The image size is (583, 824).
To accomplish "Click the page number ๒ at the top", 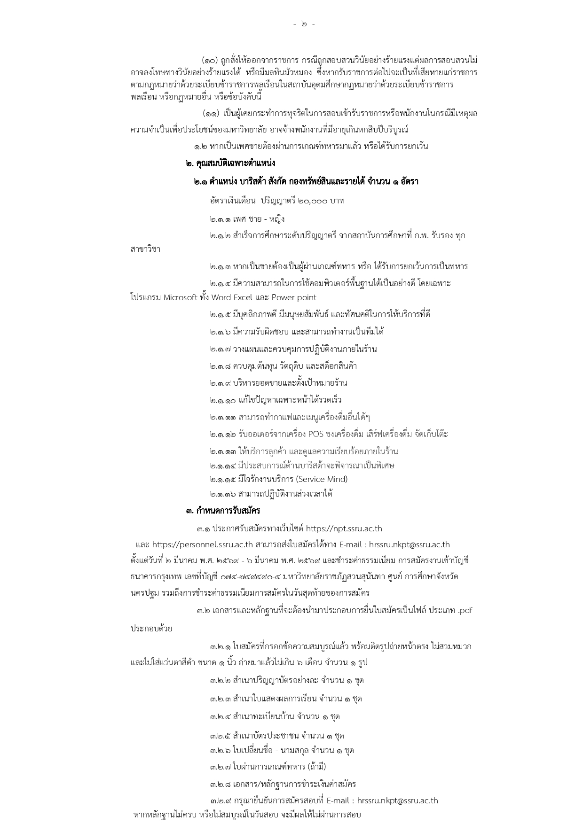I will pyautogui.click(x=303, y=23).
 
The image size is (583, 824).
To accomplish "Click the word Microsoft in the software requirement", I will pyautogui.click(x=180, y=297).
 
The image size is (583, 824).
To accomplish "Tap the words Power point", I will pyautogui.click(x=294, y=297).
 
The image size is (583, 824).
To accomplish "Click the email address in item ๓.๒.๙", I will pyautogui.click(x=397, y=801).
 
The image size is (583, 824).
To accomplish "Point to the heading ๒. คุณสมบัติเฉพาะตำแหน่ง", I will pyautogui.click(x=230, y=163).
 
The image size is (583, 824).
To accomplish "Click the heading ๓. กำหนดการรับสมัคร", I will pyautogui.click(x=223, y=511).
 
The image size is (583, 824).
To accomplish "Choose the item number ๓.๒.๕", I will pyautogui.click(x=221, y=736).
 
